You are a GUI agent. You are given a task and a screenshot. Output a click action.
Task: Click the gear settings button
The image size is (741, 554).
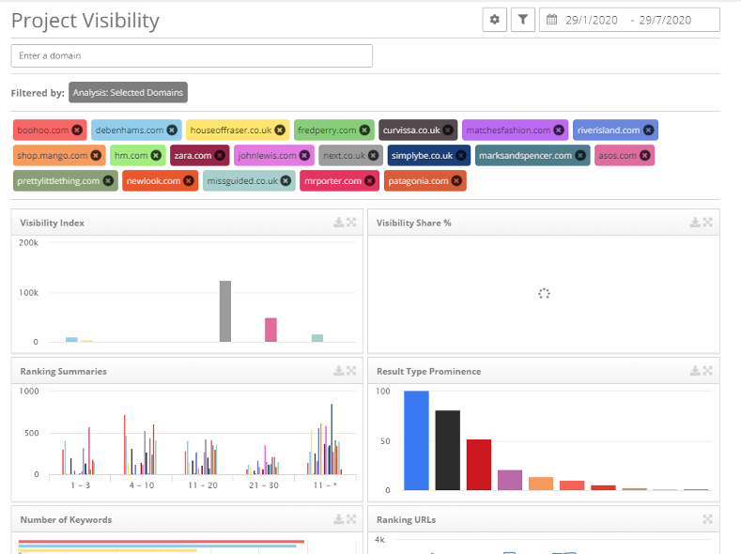495,20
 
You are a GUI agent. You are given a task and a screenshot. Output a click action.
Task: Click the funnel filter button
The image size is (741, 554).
523,20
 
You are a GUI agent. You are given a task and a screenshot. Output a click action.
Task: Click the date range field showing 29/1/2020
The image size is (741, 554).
629,20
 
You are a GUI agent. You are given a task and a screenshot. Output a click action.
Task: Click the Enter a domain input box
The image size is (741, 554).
192,56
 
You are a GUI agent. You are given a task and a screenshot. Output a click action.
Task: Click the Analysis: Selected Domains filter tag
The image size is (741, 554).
128,92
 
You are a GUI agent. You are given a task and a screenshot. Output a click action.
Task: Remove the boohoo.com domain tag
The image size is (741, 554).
77,131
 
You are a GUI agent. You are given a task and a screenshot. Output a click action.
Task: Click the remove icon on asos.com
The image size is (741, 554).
644,156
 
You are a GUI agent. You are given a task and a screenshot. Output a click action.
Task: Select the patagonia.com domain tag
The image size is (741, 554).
419,180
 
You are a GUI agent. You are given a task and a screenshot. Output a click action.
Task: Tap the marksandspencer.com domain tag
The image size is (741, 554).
525,156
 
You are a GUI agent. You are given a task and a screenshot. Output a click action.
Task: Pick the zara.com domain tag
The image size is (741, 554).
193,156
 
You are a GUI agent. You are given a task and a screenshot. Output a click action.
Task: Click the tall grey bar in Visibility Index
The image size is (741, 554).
225,311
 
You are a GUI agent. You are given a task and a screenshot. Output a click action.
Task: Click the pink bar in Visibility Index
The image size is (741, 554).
270,330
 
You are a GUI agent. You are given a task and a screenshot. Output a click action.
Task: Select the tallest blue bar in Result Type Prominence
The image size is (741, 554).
416,440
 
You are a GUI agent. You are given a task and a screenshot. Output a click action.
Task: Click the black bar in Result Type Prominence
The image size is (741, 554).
448,450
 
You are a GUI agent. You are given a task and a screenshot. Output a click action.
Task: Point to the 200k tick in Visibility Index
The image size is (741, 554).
28,242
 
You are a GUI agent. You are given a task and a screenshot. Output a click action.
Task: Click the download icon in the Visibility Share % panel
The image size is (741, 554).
695,223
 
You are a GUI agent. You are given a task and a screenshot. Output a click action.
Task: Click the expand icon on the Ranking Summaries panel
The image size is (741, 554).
351,371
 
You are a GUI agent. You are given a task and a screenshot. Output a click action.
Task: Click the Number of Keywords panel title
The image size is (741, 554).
66,519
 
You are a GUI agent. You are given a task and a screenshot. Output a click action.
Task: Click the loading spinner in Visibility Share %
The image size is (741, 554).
543,293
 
